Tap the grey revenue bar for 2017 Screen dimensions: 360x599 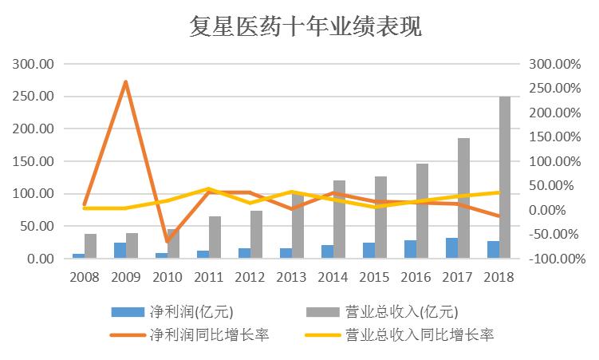coord(463,198)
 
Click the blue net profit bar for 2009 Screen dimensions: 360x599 coord(120,251)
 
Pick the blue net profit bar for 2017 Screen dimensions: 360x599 coord(451,248)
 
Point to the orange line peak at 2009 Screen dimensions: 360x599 coord(126,81)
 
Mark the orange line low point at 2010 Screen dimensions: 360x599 coord(167,241)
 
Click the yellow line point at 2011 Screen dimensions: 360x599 coord(209,189)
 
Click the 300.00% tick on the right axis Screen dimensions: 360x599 coord(557,64)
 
